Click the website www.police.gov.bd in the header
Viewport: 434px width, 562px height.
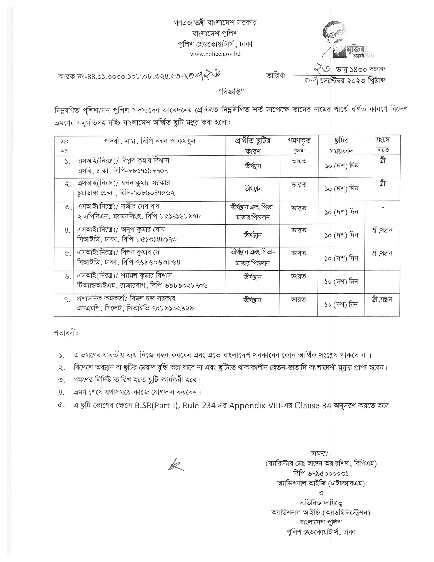(215, 54)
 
